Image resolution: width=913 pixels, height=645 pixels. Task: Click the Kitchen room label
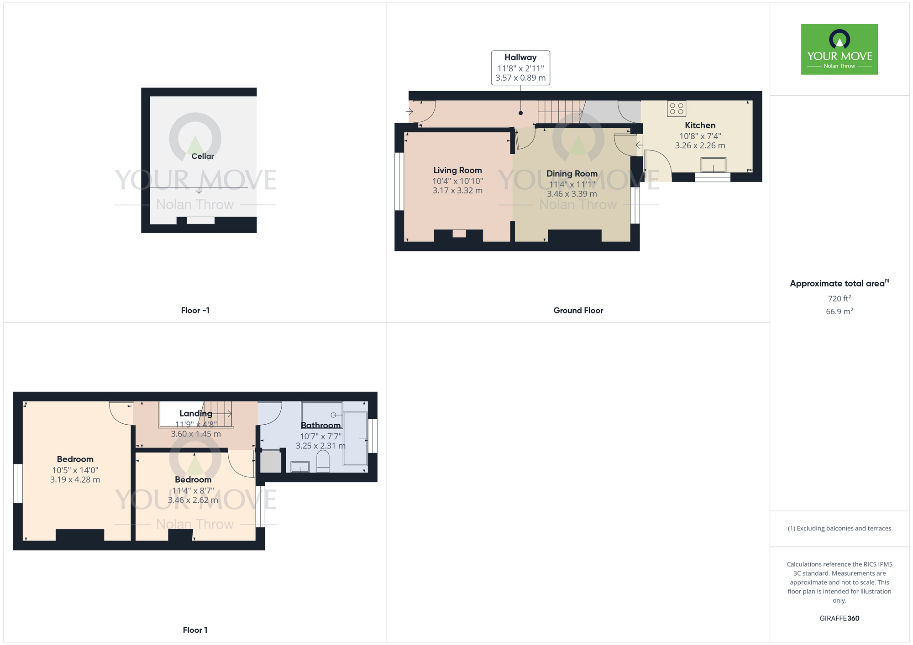(x=700, y=125)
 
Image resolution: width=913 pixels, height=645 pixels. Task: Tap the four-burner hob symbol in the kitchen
(x=677, y=109)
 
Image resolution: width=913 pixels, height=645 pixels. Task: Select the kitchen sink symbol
(x=713, y=165)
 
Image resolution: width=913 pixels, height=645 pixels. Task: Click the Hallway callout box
(x=520, y=68)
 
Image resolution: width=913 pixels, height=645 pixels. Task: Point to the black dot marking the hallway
(x=520, y=113)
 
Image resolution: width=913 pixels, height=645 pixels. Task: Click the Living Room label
(x=457, y=171)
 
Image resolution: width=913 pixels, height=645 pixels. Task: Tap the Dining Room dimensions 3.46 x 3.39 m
(x=572, y=194)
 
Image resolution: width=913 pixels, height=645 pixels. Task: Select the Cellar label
(x=202, y=156)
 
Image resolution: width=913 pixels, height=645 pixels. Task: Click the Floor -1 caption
(x=195, y=311)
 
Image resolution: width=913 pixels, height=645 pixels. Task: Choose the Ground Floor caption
(x=578, y=311)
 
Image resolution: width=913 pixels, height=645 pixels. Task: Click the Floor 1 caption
(x=195, y=630)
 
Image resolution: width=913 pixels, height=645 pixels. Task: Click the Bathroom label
(x=320, y=425)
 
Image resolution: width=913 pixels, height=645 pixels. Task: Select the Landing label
(x=195, y=413)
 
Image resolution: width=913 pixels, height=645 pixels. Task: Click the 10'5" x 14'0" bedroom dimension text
(x=75, y=470)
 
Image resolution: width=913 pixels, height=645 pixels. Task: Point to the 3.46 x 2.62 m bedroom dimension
(x=193, y=500)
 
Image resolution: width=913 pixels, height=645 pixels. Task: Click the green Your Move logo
(x=839, y=49)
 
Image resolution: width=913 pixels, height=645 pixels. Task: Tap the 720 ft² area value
(x=839, y=298)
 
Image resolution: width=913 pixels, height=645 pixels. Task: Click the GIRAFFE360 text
(x=839, y=619)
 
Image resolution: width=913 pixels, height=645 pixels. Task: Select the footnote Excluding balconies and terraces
(x=839, y=528)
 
